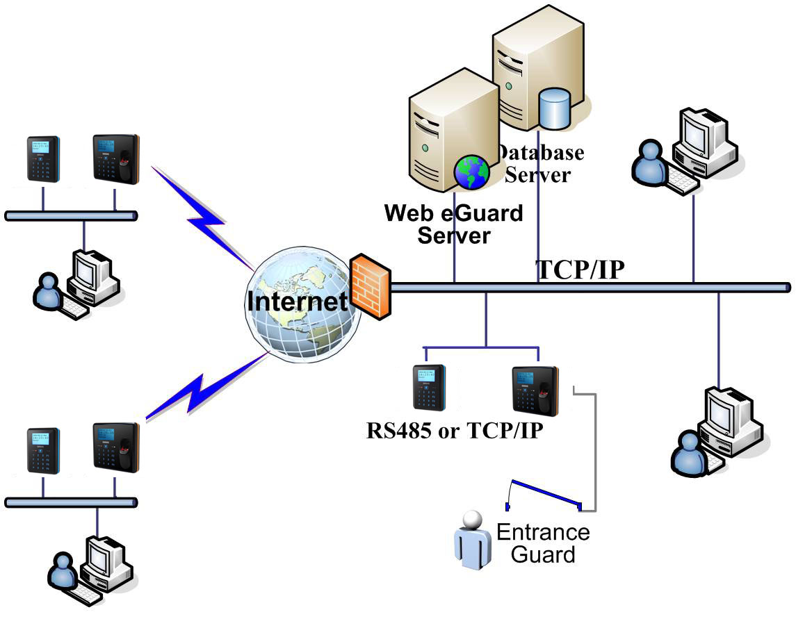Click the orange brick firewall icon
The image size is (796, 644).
[x=369, y=286]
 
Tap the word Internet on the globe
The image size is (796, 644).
[x=297, y=302]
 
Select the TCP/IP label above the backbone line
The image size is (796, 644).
[x=580, y=270]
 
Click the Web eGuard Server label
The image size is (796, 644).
[x=454, y=224]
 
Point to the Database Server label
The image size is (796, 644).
[x=541, y=163]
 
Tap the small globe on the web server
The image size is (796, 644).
[x=472, y=172]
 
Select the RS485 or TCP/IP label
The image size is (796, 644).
[x=455, y=431]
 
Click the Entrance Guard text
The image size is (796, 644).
[x=543, y=543]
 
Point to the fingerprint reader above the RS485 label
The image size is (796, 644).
[x=535, y=388]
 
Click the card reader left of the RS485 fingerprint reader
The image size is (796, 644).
[x=429, y=387]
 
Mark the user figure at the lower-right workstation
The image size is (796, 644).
[x=688, y=452]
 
